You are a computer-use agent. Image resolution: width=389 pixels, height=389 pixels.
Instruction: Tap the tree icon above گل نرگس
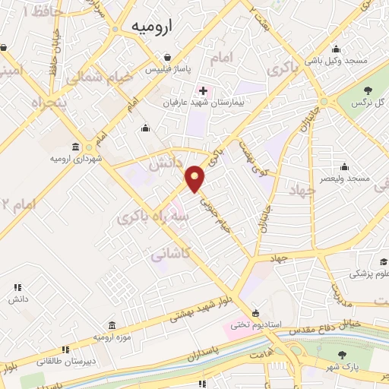point(368,92)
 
